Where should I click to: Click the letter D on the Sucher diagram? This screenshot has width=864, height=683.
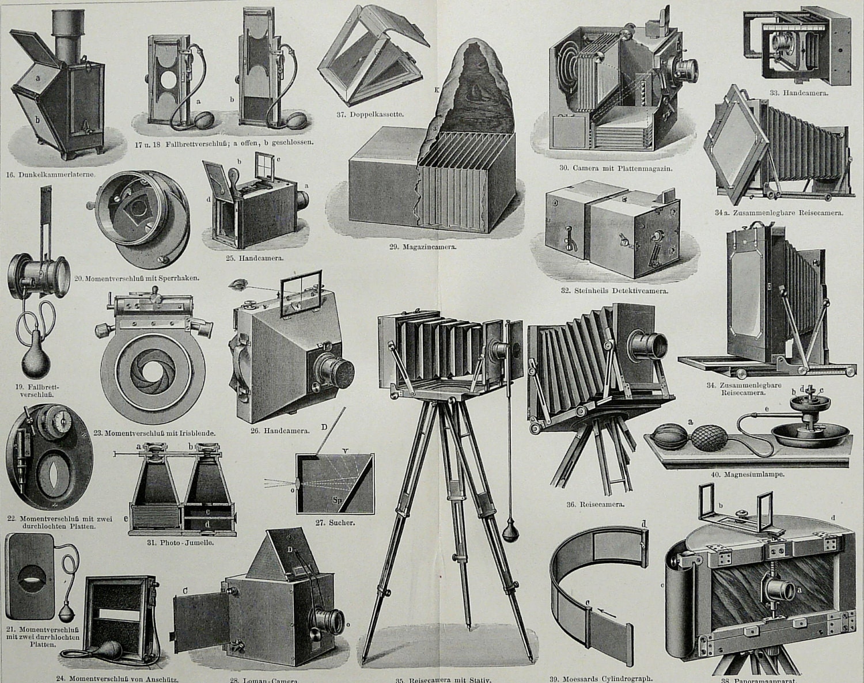coord(324,427)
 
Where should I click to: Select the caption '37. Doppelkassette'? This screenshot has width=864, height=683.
coord(369,114)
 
